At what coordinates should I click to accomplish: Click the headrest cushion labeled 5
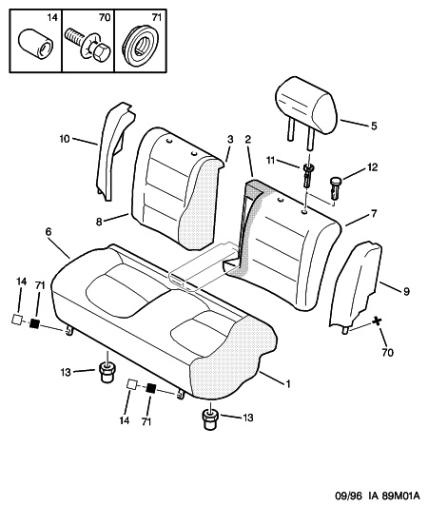306,105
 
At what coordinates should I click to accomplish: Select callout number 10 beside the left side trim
65,139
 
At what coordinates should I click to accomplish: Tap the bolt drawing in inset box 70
88,47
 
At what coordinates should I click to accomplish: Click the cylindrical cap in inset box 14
34,45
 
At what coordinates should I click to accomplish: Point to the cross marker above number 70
377,321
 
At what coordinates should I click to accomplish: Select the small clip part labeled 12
336,186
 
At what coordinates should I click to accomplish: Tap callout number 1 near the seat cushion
288,383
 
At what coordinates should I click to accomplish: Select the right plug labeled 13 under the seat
210,418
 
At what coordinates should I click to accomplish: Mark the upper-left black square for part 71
34,323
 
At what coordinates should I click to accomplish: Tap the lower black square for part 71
150,387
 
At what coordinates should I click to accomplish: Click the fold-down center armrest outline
204,267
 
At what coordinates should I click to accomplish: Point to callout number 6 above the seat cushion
49,232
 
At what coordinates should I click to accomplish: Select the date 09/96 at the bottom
348,495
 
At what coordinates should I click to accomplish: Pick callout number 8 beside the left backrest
99,222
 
